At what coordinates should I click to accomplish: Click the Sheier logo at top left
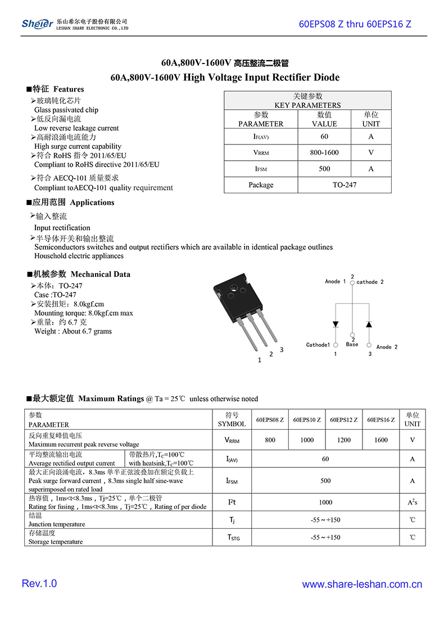point(37,23)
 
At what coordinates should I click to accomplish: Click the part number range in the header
point(355,24)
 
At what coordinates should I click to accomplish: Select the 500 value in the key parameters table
point(324,169)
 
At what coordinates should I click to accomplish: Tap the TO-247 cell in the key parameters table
point(344,185)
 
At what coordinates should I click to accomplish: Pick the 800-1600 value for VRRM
point(324,152)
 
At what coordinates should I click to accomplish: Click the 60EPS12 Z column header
point(343,420)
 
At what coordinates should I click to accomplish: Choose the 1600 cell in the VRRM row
point(380,440)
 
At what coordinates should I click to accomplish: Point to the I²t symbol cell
point(232,502)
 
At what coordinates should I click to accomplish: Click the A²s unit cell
point(412,502)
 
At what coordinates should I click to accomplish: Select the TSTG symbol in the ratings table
point(233,538)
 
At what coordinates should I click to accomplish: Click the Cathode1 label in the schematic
point(318,345)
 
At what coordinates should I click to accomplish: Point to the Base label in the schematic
point(352,344)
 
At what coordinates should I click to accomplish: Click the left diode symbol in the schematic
point(336,324)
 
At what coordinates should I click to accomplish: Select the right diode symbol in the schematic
point(369,324)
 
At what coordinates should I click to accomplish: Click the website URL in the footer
point(362,584)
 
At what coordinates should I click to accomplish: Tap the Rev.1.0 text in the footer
point(39,584)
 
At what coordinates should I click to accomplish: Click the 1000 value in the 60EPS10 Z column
point(307,440)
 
